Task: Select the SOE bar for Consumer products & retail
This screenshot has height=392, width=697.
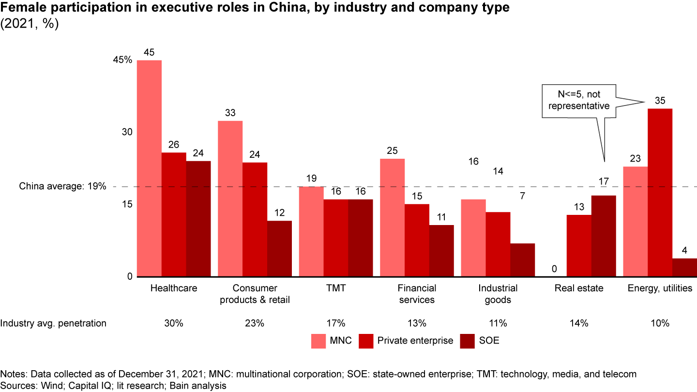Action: pyautogui.click(x=279, y=249)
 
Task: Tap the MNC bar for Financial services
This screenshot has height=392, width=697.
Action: pyautogui.click(x=392, y=218)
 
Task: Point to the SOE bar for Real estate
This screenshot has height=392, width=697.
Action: pyautogui.click(x=603, y=236)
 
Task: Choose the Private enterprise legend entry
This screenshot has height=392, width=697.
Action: pyautogui.click(x=406, y=340)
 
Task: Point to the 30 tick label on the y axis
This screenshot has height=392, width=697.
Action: pyautogui.click(x=127, y=132)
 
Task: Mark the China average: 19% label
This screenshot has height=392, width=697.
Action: pyautogui.click(x=62, y=186)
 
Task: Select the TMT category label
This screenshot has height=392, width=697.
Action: pyautogui.click(x=335, y=288)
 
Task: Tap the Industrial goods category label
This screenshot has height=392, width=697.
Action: pyautogui.click(x=498, y=294)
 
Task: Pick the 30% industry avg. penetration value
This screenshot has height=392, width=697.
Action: pyautogui.click(x=174, y=323)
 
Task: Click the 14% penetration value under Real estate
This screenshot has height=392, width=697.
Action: pyautogui.click(x=579, y=323)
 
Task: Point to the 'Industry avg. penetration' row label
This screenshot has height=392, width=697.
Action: pyautogui.click(x=53, y=323)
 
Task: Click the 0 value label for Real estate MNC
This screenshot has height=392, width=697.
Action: pyautogui.click(x=554, y=269)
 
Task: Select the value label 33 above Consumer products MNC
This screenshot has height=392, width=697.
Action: pyautogui.click(x=230, y=113)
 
